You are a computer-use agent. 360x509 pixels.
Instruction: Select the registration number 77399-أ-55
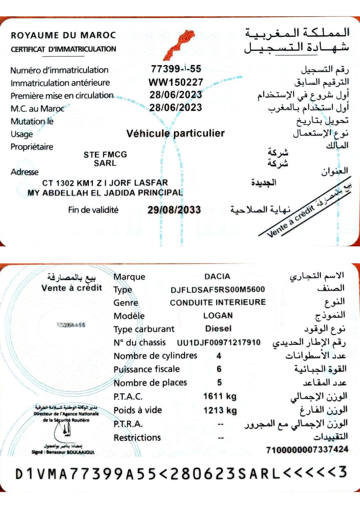176,69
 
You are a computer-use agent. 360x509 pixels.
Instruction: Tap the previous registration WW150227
176,82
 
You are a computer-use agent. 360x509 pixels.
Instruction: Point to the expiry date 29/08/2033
174,210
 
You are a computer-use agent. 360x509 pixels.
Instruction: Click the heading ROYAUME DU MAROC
63,35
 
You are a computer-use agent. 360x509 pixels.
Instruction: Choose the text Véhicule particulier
175,133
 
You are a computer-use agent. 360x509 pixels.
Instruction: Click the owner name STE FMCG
105,154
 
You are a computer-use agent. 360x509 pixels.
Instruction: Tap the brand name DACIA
217,276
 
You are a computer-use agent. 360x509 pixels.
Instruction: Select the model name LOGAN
218,315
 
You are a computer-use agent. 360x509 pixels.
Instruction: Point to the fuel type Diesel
218,329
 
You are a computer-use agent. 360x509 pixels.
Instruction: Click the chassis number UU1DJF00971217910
219,343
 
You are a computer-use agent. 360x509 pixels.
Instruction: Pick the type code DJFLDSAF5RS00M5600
218,289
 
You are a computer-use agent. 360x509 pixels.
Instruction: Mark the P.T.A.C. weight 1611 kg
220,396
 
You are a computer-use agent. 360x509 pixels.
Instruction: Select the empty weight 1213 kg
220,410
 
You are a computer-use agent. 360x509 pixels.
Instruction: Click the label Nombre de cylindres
155,356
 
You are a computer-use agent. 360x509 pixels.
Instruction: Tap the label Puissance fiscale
147,369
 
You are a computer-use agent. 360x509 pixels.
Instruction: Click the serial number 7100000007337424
307,449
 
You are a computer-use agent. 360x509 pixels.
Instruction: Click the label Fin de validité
93,210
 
